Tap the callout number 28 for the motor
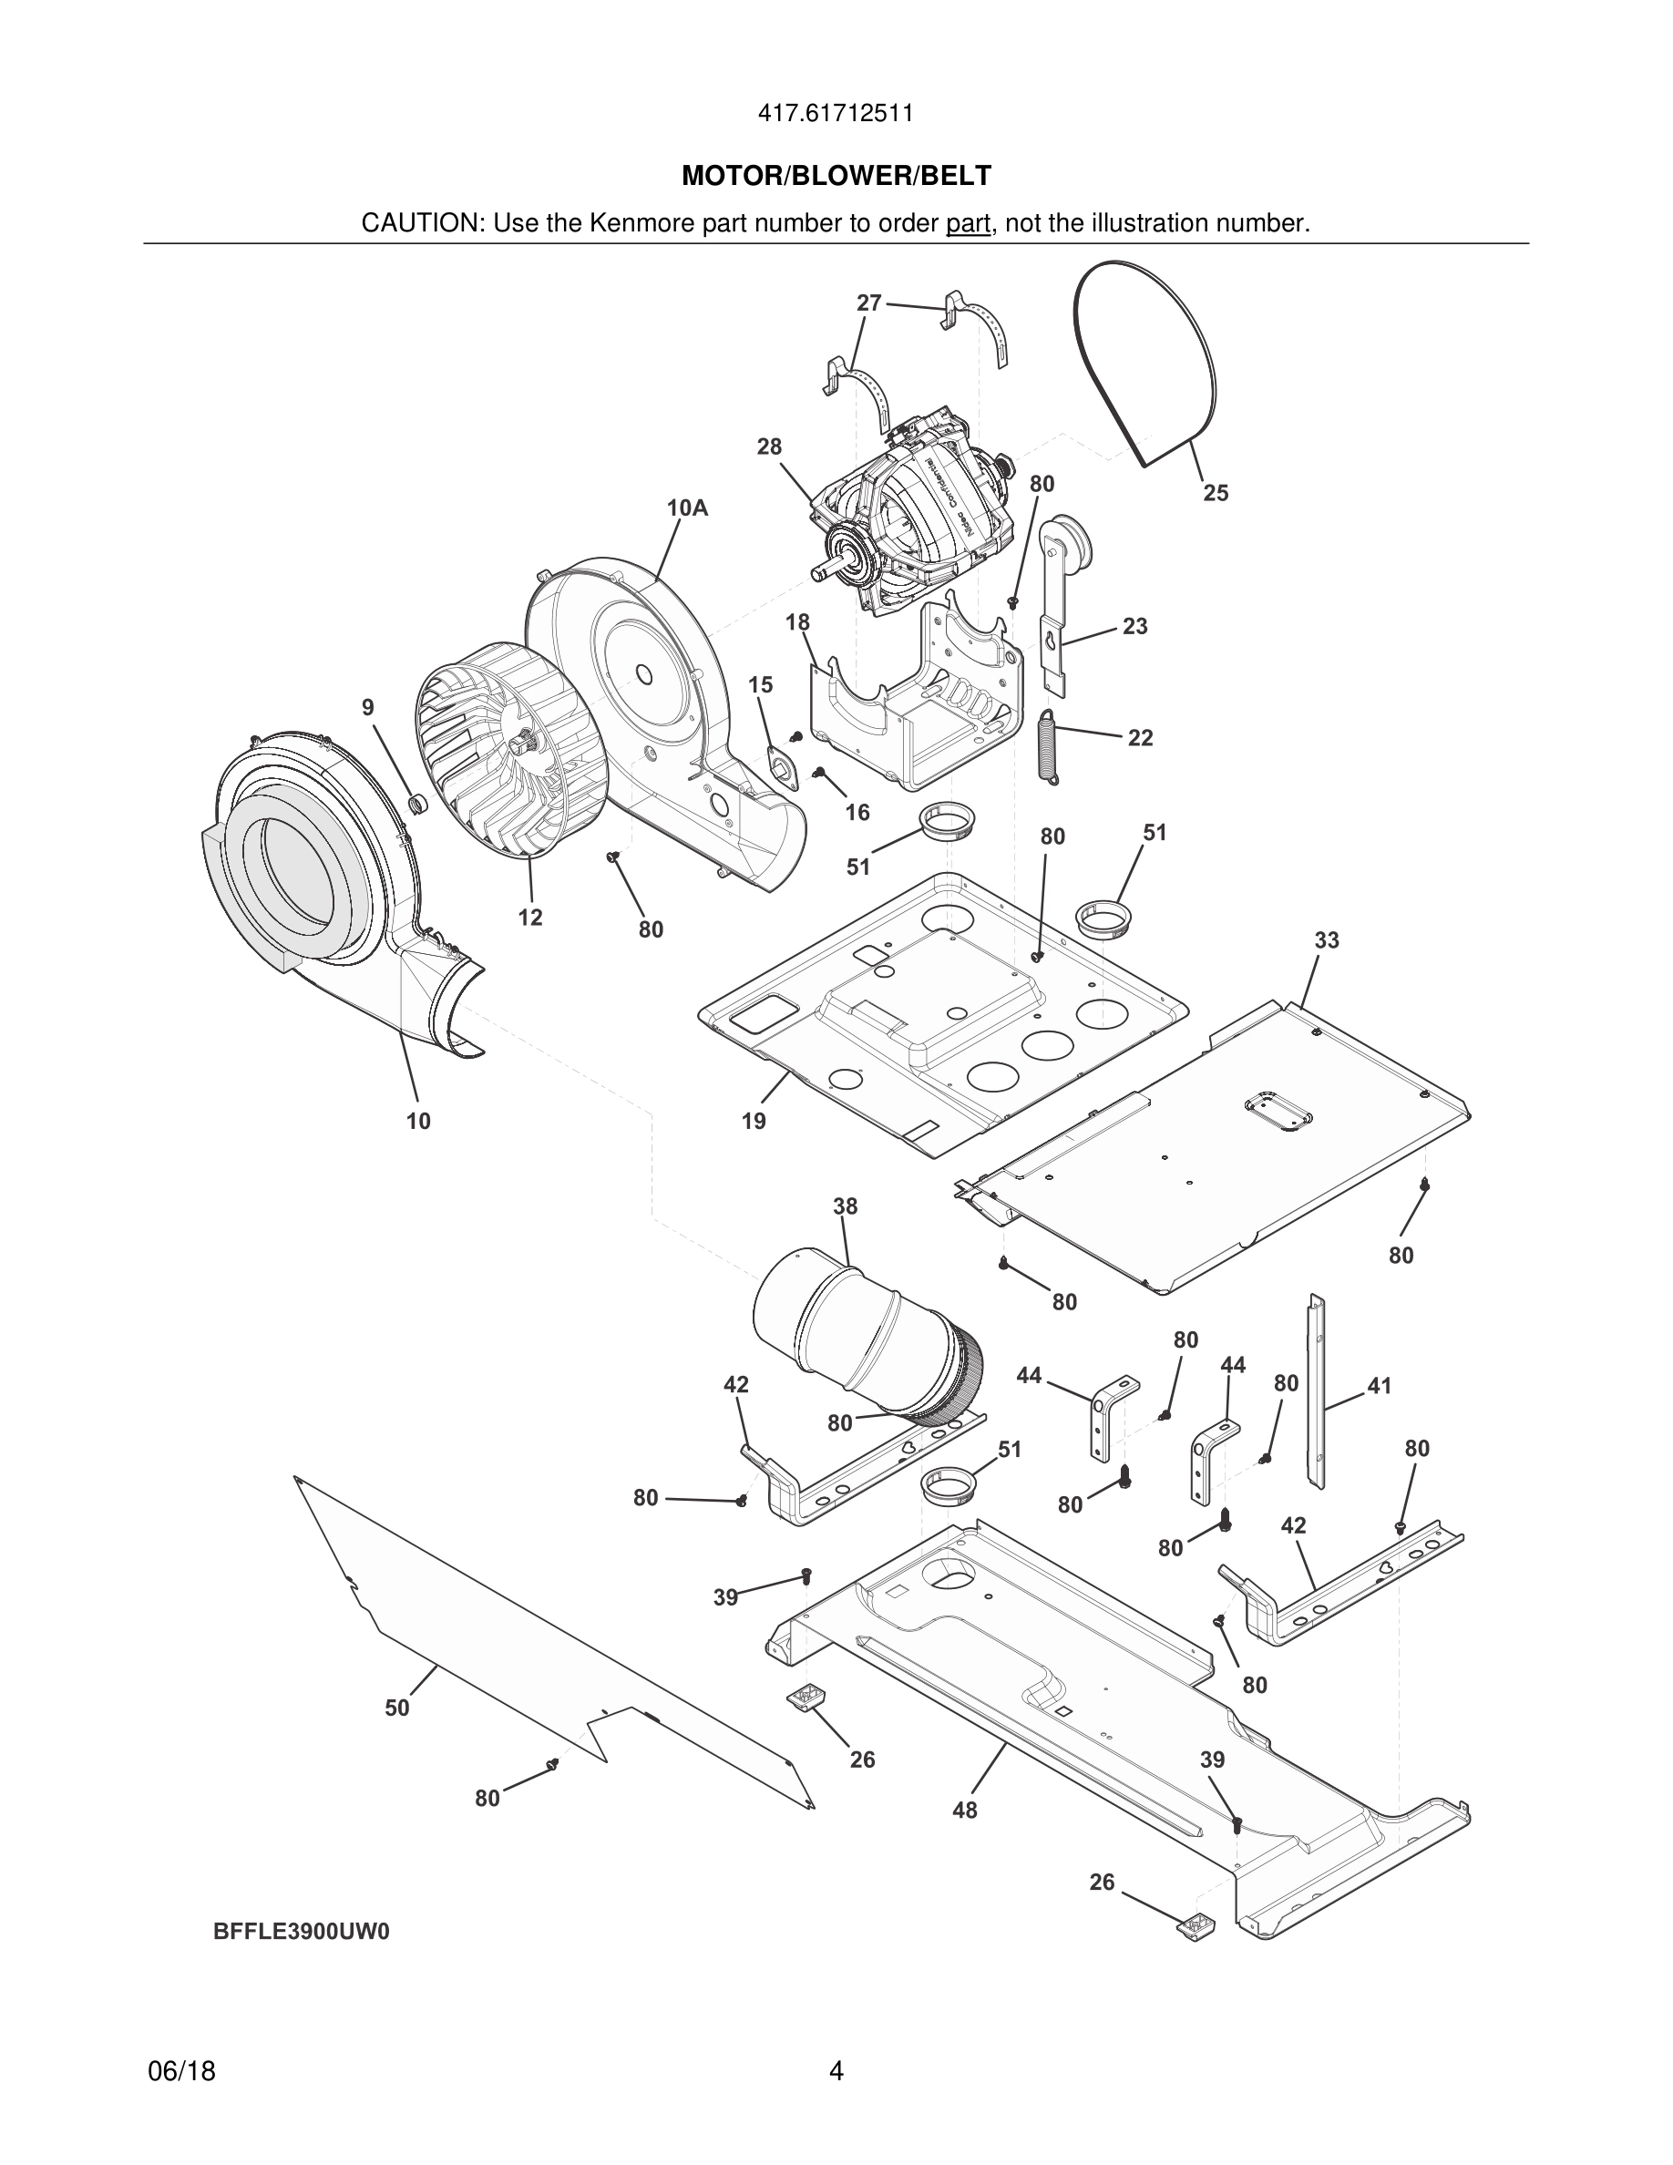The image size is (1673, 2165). [769, 447]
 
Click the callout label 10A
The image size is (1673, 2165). [687, 508]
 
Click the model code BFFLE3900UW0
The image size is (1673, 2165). [302, 1932]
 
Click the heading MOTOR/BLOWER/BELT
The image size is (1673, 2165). [836, 177]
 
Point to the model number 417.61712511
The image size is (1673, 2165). [836, 114]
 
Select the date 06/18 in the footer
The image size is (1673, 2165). [181, 2071]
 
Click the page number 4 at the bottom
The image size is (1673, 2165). [836, 2071]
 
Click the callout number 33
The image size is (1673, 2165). [1326, 939]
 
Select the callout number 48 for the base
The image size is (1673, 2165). [964, 1811]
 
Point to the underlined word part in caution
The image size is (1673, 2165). [968, 224]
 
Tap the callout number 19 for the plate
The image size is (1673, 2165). [754, 1121]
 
